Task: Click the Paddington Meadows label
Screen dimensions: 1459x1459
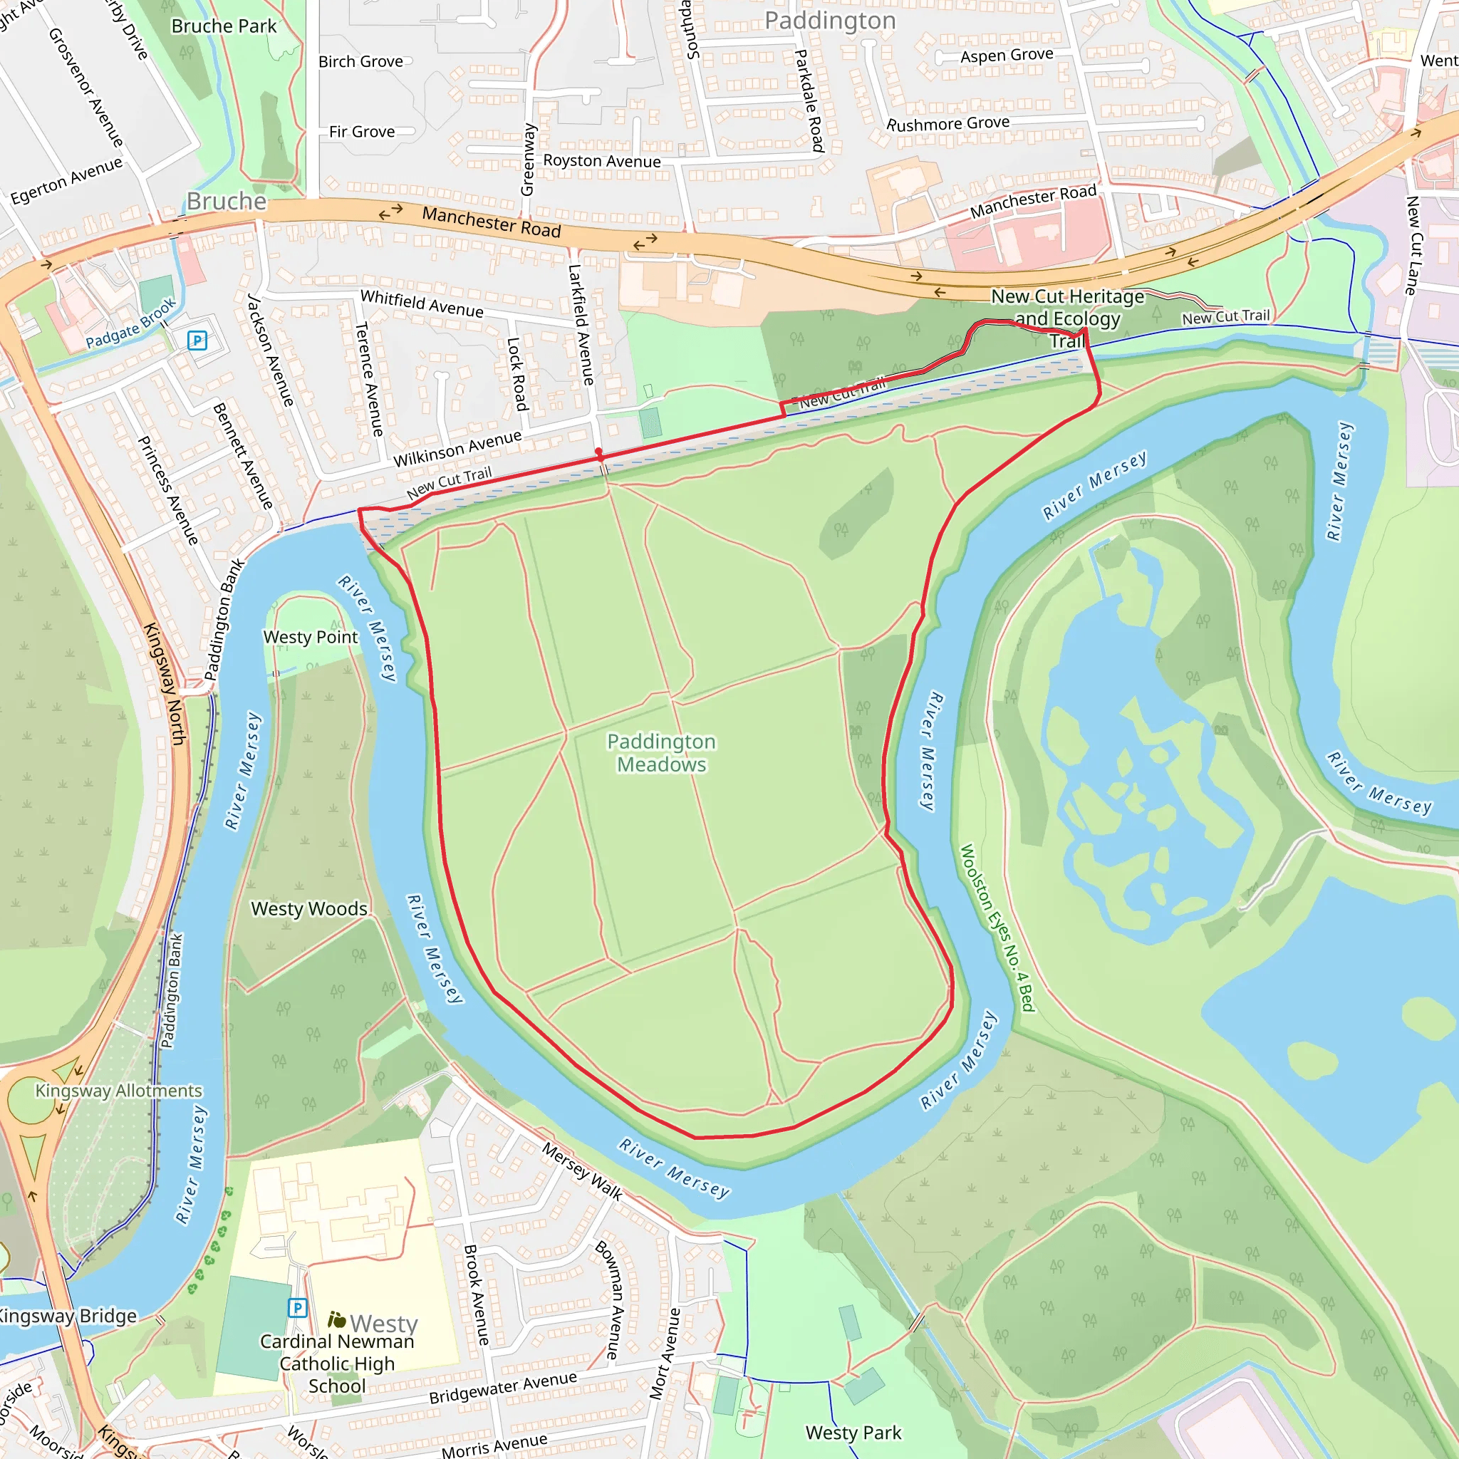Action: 661,753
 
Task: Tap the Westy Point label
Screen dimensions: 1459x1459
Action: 311,638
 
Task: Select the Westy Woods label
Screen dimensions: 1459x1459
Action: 309,908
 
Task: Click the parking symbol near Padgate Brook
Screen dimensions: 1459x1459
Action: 197,341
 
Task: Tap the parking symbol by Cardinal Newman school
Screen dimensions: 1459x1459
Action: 298,1308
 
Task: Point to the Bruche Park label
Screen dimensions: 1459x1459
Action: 224,26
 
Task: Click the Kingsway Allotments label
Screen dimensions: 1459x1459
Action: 118,1091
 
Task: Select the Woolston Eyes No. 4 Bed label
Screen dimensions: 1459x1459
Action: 996,928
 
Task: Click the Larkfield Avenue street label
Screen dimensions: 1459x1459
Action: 581,325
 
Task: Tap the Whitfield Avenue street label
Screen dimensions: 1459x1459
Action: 422,303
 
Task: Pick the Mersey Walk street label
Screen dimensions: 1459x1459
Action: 582,1172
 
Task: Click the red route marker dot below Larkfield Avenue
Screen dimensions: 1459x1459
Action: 599,452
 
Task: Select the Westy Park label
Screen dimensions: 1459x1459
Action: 853,1433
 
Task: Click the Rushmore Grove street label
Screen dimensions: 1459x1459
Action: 947,123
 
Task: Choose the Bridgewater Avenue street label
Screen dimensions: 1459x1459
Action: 503,1388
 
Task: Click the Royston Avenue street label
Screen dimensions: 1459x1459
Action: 602,161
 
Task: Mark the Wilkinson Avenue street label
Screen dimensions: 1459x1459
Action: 457,449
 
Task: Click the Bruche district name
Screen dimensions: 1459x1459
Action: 227,202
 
